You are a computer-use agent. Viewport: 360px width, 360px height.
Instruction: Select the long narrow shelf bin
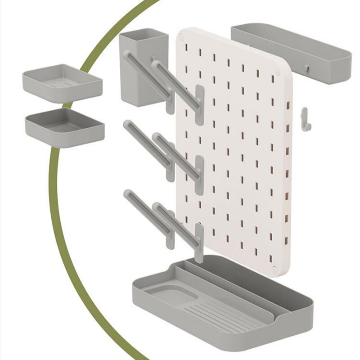(290, 54)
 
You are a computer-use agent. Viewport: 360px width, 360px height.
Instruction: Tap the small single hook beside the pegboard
(306, 119)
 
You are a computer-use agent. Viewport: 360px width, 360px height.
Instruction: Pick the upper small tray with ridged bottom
(62, 82)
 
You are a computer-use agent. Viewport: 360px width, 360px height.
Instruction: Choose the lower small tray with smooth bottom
(65, 127)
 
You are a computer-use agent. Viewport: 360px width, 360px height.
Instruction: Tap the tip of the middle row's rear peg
(127, 124)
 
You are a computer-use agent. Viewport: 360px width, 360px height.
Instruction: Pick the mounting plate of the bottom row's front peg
(199, 243)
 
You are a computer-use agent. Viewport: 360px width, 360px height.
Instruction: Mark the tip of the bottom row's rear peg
(127, 193)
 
